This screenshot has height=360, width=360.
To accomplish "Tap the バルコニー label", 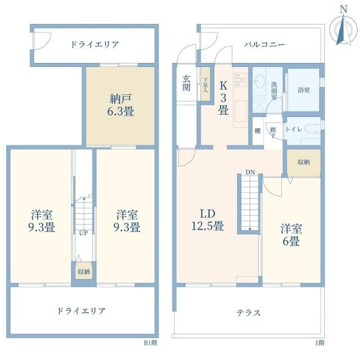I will (x=265, y=44).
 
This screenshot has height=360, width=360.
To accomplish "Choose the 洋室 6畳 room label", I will (x=291, y=236).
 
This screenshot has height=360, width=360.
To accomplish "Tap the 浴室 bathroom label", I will (x=303, y=90).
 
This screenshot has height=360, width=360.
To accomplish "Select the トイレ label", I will (x=294, y=129).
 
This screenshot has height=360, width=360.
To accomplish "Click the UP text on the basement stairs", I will (x=83, y=233).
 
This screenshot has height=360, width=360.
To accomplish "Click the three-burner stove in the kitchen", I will (x=241, y=80).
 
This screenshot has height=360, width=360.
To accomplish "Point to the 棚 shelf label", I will (x=256, y=131).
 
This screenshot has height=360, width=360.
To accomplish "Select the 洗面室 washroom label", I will (x=273, y=89).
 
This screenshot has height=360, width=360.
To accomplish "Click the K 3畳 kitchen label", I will (x=223, y=98).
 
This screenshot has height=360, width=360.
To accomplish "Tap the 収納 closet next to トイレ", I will (x=304, y=162).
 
